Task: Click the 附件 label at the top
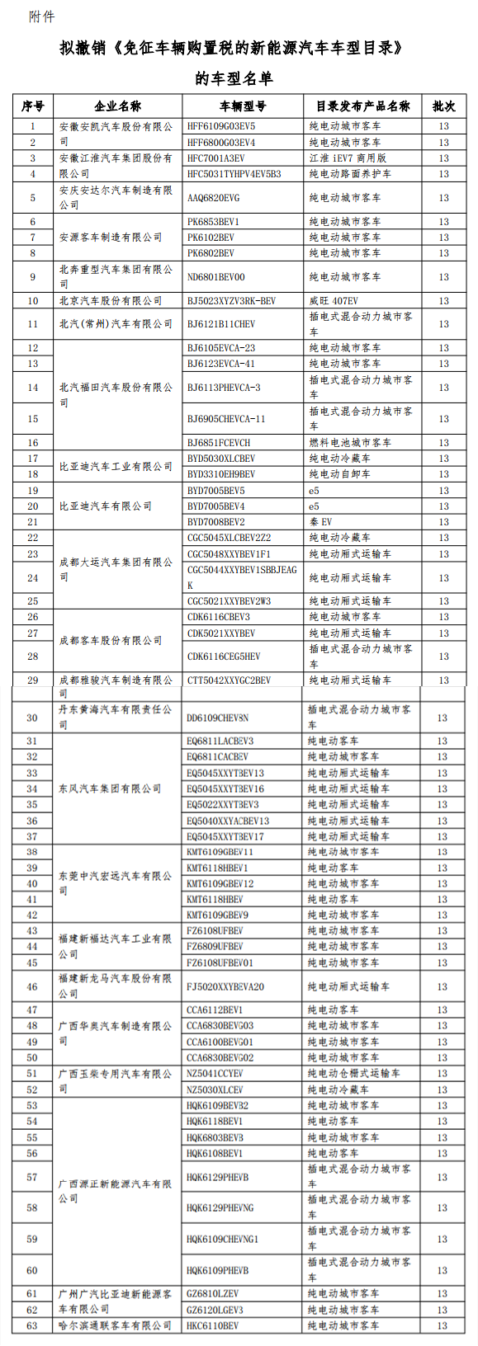[41, 17]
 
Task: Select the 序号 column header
[33, 106]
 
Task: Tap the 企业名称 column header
[117, 106]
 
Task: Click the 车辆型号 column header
[243, 106]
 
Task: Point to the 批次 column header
[443, 106]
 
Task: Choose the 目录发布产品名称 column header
[362, 106]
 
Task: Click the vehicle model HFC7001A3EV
[215, 158]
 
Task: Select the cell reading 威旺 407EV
[334, 301]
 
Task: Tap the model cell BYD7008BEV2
[215, 522]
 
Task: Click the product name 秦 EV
[320, 522]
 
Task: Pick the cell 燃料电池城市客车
[350, 443]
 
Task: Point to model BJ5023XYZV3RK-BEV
[231, 301]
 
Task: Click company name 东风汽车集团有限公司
[110, 788]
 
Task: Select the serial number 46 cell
[32, 986]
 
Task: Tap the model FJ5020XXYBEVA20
[225, 986]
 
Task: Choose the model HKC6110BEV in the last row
[212, 1325]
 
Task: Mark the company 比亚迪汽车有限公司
[106, 506]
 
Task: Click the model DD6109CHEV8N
[217, 718]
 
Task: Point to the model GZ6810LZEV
[212, 1293]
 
